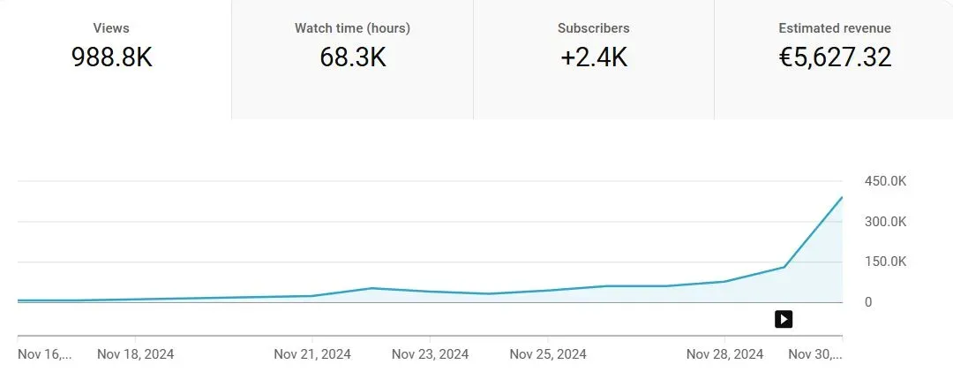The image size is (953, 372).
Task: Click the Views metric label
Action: click(111, 28)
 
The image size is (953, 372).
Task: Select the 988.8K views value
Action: click(111, 57)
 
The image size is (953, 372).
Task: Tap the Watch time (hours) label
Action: click(352, 28)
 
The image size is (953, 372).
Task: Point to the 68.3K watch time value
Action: click(352, 57)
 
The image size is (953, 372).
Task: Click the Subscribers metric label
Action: click(593, 28)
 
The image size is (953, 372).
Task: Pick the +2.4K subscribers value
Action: click(593, 57)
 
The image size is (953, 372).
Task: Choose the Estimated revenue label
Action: click(835, 28)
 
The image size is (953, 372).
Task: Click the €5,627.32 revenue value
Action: click(835, 57)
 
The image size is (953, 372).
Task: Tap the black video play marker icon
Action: click(784, 319)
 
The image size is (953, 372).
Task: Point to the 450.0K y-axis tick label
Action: click(886, 181)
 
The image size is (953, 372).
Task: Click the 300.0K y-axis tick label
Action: click(886, 222)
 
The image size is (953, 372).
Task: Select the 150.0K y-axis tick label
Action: click(886, 262)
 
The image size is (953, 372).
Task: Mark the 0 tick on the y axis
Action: click(868, 302)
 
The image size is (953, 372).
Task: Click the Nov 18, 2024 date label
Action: click(135, 354)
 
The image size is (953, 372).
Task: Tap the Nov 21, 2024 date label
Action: click(312, 354)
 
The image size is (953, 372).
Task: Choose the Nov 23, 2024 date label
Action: click(430, 354)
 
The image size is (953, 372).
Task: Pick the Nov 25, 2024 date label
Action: click(548, 354)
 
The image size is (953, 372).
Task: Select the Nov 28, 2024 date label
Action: click(724, 354)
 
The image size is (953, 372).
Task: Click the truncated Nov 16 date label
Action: click(44, 354)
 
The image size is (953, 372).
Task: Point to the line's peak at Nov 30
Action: click(842, 197)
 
